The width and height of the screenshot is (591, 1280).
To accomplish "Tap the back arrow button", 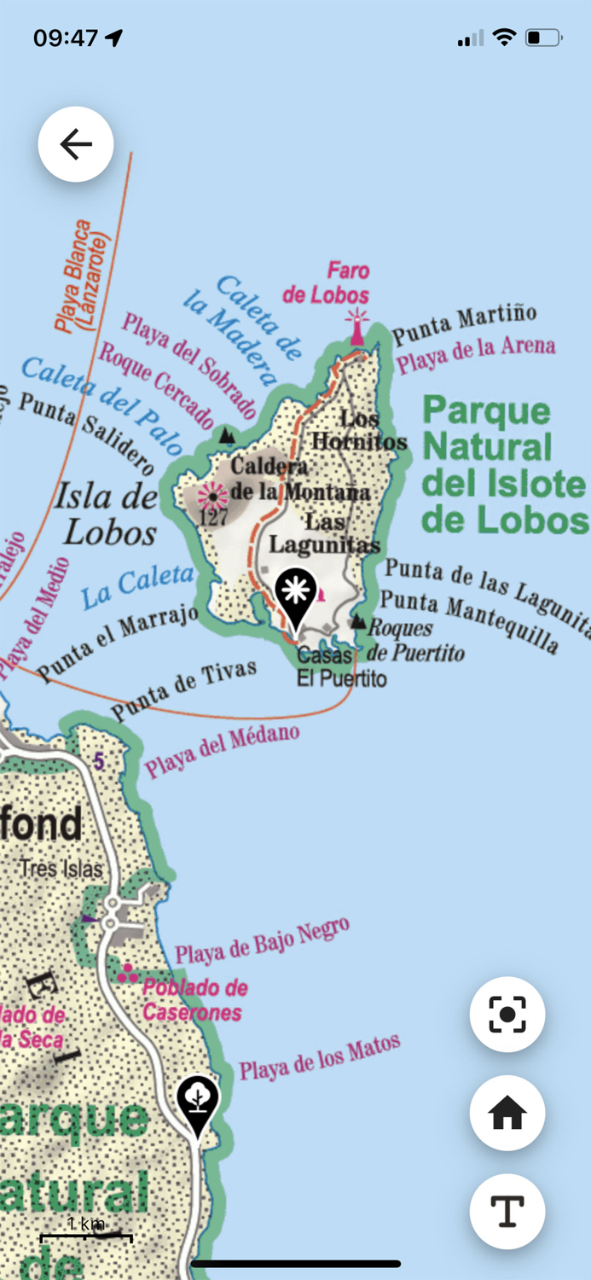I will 76,144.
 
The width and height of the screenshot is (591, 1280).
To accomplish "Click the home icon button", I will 507,1114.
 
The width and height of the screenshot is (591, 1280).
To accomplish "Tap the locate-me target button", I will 507,1015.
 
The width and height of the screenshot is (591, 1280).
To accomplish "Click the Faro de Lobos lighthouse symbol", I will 356,328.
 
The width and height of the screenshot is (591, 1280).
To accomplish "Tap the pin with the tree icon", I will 198,1101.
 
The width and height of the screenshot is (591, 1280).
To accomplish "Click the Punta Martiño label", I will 465,323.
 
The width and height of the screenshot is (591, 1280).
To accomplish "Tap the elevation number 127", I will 209,518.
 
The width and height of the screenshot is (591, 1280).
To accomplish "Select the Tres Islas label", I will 61,869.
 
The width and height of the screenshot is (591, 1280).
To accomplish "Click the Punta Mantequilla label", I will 469,621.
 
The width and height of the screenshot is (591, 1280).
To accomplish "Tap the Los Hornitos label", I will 358,430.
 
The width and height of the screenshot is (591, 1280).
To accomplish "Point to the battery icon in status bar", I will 542,38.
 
